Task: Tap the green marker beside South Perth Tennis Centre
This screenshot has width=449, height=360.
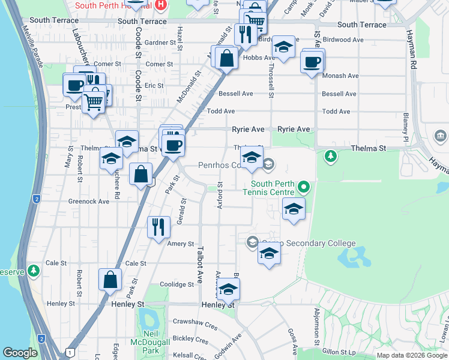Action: tap(304, 188)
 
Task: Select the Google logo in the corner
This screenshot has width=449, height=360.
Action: tap(20, 353)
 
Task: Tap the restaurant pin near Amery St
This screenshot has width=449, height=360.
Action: tap(158, 227)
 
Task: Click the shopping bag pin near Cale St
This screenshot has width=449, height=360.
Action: tap(110, 280)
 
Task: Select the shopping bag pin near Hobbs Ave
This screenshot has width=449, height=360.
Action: tap(227, 59)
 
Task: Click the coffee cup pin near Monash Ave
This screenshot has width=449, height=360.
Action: tap(312, 62)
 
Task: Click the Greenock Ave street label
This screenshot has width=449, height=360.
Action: tap(89, 202)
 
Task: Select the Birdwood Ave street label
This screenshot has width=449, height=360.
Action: tap(343, 40)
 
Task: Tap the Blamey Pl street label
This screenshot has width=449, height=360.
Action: tap(406, 124)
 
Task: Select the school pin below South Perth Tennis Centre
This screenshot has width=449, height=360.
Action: tap(293, 209)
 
